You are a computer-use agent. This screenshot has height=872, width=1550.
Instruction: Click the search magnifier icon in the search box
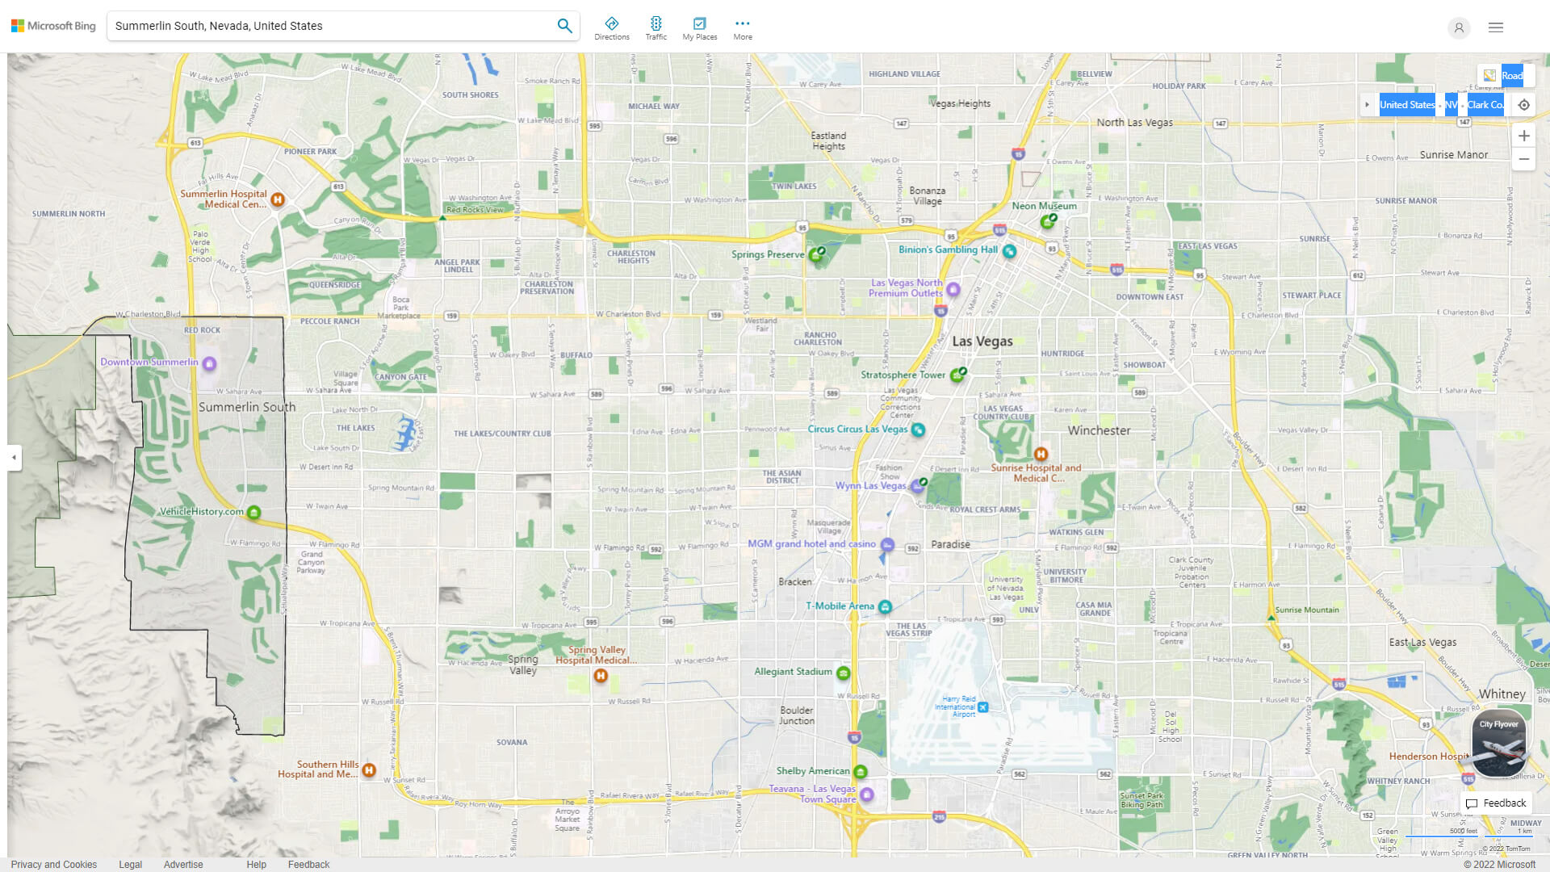(x=564, y=26)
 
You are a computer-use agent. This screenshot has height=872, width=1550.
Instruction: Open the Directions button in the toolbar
(x=612, y=28)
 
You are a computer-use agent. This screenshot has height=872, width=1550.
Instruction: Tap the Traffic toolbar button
(x=656, y=28)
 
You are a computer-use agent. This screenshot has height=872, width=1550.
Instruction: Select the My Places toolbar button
(x=699, y=28)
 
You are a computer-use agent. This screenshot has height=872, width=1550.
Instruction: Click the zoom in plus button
(x=1523, y=136)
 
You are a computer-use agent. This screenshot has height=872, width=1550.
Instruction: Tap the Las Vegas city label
(x=982, y=342)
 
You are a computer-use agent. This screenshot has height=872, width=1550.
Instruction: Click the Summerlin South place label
(x=247, y=408)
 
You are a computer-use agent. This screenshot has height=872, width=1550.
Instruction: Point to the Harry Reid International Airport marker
(x=982, y=707)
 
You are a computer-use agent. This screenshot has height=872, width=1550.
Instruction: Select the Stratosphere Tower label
(x=903, y=375)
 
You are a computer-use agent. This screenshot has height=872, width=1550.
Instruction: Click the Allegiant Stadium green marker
(x=844, y=673)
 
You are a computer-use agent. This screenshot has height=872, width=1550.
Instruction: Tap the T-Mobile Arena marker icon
(x=885, y=606)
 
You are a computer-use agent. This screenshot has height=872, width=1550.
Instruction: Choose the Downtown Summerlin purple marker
(x=209, y=363)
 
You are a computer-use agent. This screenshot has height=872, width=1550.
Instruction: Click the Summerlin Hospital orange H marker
(x=278, y=199)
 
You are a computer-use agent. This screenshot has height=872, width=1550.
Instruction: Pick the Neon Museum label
(x=1044, y=206)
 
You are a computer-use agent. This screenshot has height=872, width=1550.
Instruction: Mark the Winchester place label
(x=1099, y=431)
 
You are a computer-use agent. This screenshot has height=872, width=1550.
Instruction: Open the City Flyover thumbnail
(x=1499, y=743)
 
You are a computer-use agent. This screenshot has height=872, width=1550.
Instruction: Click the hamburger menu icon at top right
(x=1496, y=27)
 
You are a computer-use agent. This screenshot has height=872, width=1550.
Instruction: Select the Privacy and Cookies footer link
(x=54, y=865)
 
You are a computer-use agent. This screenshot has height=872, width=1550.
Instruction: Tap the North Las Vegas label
(x=1134, y=123)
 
